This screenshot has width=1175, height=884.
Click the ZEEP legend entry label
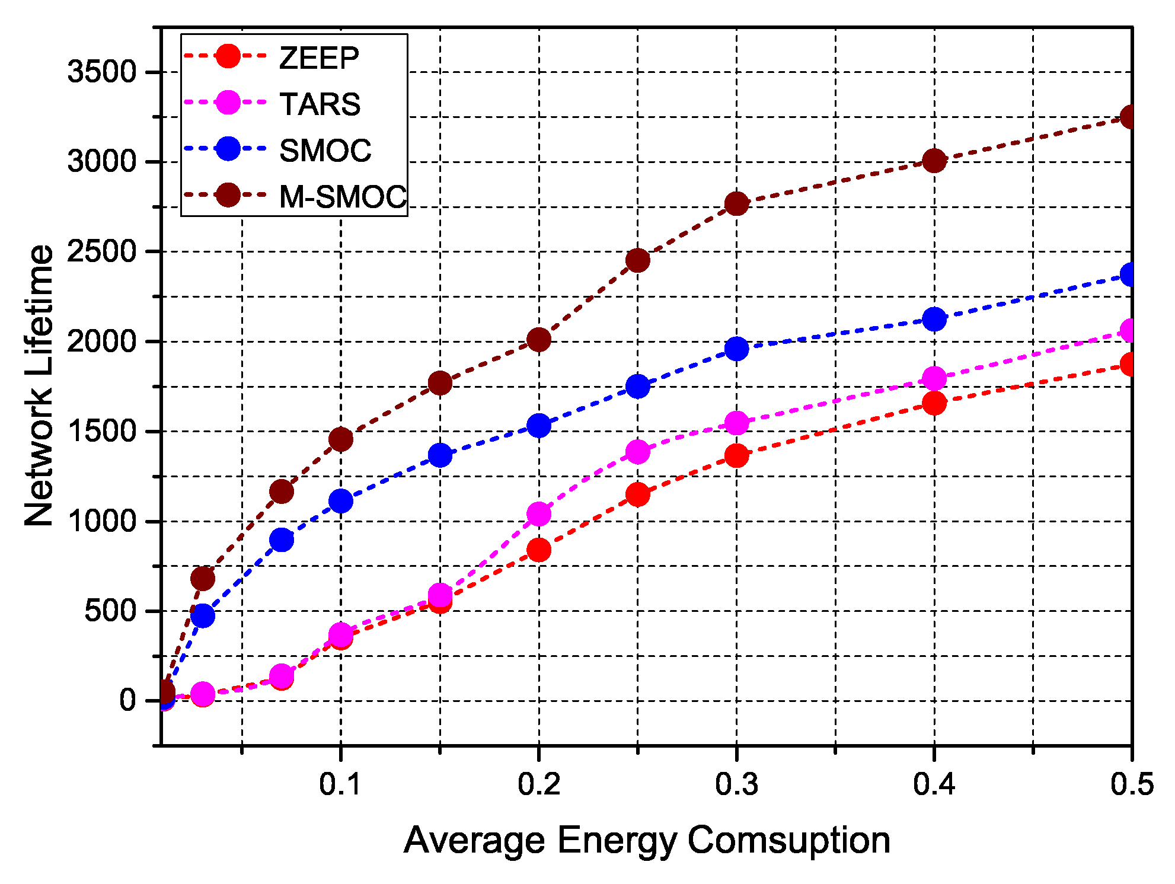point(319,58)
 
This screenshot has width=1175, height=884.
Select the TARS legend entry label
point(320,104)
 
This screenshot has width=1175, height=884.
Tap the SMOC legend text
point(325,150)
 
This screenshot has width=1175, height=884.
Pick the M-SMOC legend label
point(343,196)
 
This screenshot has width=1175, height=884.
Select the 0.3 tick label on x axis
point(736,784)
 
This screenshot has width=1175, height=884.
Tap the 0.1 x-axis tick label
point(340,784)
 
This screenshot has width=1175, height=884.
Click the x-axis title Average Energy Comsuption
point(647,840)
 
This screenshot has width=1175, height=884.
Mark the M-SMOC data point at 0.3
point(736,204)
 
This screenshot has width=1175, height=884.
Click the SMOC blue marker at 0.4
point(934,320)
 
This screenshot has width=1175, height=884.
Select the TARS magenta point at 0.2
point(538,514)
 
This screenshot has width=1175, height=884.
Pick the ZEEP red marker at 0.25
point(637,494)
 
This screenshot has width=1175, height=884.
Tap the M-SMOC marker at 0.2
point(538,340)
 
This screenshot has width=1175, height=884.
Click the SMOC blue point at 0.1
point(340,502)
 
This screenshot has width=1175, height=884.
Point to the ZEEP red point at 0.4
point(934,403)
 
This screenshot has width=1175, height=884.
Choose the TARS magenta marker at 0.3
point(736,423)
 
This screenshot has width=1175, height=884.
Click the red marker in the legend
point(228,56)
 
